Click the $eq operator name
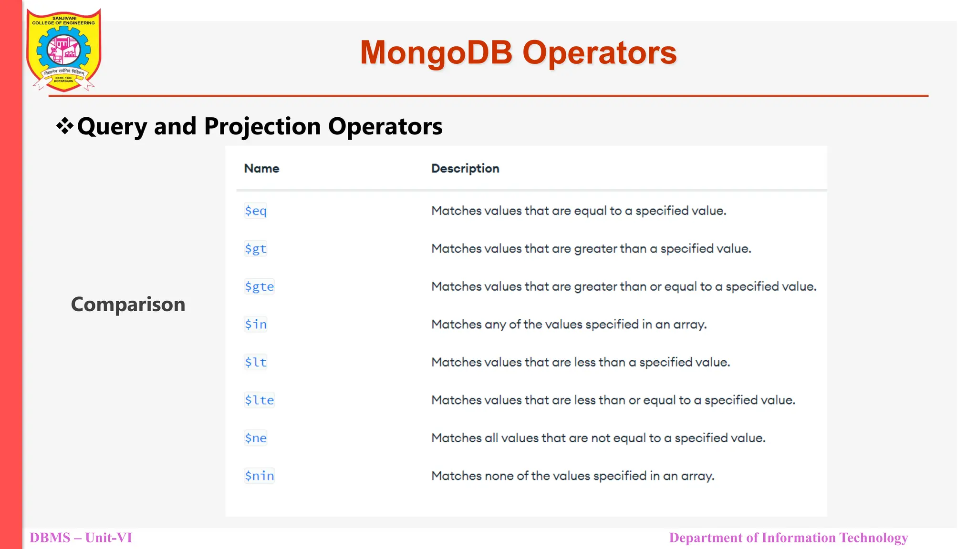pos(255,211)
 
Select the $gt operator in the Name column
pos(255,249)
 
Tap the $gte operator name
pos(259,286)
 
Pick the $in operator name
pos(255,325)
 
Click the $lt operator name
pos(255,362)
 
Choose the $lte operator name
pos(259,400)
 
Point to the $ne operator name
pos(255,438)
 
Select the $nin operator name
pos(259,476)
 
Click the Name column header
pos(261,169)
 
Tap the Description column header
pos(465,169)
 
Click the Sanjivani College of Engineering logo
pos(63,50)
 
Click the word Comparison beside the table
pos(128,305)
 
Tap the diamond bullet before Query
pos(64,126)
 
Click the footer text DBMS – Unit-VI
pos(81,538)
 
